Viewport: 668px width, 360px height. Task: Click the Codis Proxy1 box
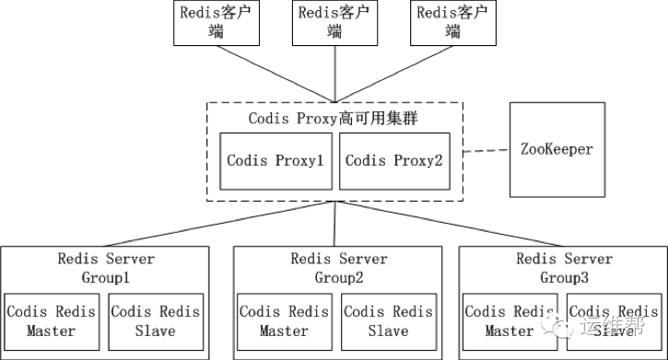coord(275,160)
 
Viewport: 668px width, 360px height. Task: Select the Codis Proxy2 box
coord(393,160)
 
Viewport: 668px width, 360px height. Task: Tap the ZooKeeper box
coord(557,148)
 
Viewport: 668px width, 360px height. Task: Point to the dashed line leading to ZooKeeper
coord(485,150)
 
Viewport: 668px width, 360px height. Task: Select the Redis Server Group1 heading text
coord(106,267)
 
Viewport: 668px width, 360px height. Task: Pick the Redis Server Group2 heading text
coord(338,267)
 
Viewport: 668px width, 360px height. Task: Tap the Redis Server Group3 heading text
coord(563,267)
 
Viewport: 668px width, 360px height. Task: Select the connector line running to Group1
coord(221,224)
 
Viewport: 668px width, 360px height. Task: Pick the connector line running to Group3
coord(451,224)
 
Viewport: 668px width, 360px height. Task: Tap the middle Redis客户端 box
coord(334,23)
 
